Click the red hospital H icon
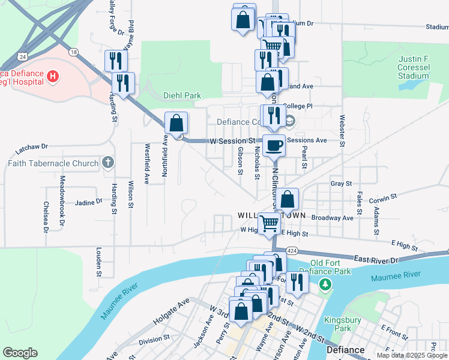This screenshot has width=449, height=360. (53, 76)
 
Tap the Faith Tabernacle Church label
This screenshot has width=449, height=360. (53, 163)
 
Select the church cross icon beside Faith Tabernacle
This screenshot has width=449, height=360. (107, 163)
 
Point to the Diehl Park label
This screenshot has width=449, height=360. (182, 95)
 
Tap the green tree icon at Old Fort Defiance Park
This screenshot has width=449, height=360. (326, 283)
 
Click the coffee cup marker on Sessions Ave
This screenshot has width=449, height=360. (274, 145)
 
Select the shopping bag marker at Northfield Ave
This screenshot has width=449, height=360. (176, 124)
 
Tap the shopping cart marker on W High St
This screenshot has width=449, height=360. (269, 224)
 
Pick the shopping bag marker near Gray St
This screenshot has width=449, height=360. (288, 200)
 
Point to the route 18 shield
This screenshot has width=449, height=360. (74, 52)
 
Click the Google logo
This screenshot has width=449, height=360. (20, 353)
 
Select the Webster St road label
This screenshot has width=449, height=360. (342, 131)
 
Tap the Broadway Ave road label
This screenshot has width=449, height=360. (332, 218)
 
